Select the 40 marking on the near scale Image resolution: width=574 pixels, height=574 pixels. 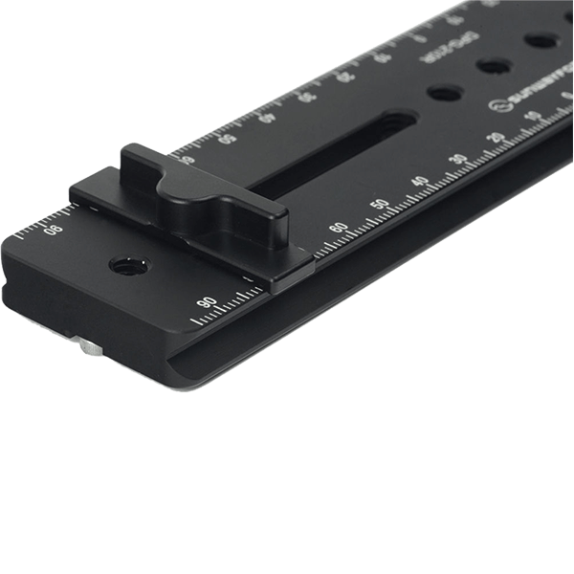tap(419, 181)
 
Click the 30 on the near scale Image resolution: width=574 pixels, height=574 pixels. tap(459, 159)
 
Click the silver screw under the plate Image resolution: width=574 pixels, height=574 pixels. tap(88, 349)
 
